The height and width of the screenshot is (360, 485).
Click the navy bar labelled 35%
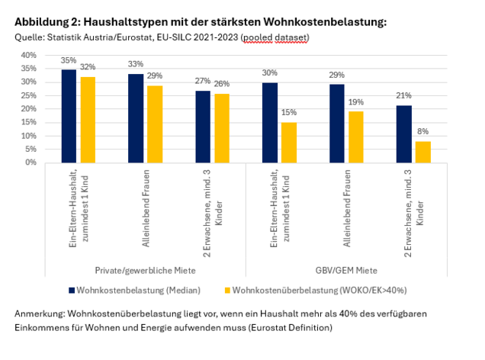69,116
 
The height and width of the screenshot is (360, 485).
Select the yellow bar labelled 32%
88,120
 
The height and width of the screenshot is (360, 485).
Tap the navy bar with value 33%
136,118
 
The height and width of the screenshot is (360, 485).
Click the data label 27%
203,82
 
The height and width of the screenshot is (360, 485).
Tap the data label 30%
270,73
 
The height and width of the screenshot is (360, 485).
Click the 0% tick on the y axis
30,162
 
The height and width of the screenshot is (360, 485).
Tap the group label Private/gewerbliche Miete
136,270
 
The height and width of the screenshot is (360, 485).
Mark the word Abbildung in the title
47,21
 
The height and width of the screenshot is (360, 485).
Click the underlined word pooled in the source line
257,37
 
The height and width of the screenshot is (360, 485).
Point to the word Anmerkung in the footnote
43,314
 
